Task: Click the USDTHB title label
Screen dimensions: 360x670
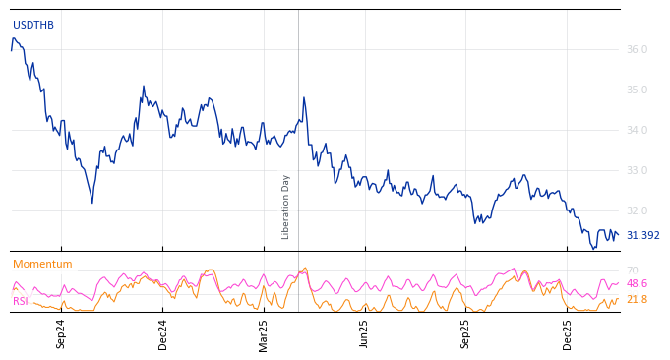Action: [33, 25]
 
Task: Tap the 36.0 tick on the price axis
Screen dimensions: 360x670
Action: [637, 49]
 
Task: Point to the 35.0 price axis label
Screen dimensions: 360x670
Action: [637, 90]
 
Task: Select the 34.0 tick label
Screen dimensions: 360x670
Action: [637, 130]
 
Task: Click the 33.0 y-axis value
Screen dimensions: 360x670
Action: [637, 170]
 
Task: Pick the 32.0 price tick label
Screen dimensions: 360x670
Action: [637, 210]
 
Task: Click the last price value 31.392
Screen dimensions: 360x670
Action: [642, 236]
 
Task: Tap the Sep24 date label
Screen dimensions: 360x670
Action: [61, 333]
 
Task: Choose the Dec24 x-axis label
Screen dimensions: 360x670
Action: [162, 333]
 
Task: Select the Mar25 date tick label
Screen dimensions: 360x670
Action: [264, 333]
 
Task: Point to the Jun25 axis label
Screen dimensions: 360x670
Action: [365, 333]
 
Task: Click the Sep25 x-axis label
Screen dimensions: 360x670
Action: [466, 333]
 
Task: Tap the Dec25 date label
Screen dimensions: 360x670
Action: [568, 333]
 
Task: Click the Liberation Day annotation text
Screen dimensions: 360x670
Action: [286, 207]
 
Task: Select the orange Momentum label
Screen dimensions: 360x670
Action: [42, 265]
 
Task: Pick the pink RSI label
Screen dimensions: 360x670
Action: [21, 301]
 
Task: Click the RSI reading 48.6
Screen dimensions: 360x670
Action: [637, 283]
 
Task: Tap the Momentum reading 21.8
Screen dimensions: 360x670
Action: [637, 299]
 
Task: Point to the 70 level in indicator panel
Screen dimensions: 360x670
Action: [632, 270]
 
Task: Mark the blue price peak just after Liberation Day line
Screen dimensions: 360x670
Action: [304, 97]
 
